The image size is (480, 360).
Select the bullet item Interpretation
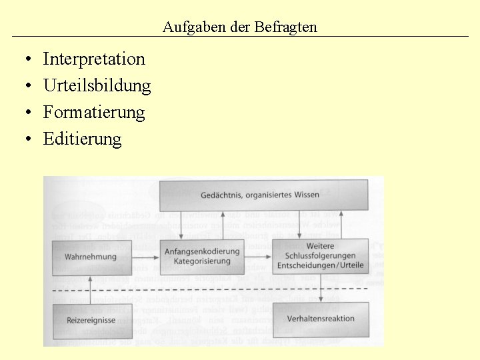[94, 59]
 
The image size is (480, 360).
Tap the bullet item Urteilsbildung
[97, 85]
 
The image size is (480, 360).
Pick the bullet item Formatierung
[94, 112]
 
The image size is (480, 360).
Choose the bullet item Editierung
[83, 139]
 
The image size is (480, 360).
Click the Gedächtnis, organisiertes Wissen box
[263, 195]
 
